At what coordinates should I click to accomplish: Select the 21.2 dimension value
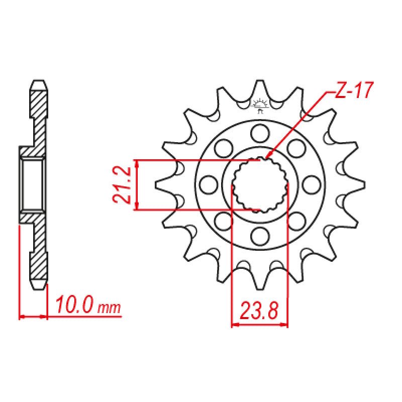pyautogui.click(x=122, y=184)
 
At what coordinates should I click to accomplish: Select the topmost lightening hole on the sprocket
pyautogui.click(x=260, y=133)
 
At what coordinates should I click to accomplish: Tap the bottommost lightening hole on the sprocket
pyautogui.click(x=260, y=235)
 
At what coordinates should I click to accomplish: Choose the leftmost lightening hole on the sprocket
pyautogui.click(x=207, y=184)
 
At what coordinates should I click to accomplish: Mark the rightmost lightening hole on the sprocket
pyautogui.click(x=312, y=184)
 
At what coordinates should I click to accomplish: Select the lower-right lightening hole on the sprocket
pyautogui.click(x=296, y=220)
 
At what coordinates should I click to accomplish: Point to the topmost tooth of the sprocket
pyautogui.click(x=260, y=86)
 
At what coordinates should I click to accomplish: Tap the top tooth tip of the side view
pyautogui.click(x=40, y=82)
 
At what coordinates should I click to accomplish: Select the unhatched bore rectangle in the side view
pyautogui.click(x=33, y=184)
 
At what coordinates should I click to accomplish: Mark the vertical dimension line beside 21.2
pyautogui.click(x=137, y=184)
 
